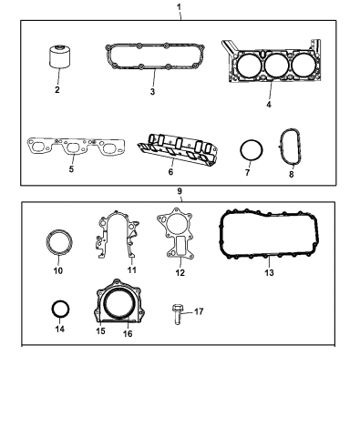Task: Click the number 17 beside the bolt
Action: [200, 311]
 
